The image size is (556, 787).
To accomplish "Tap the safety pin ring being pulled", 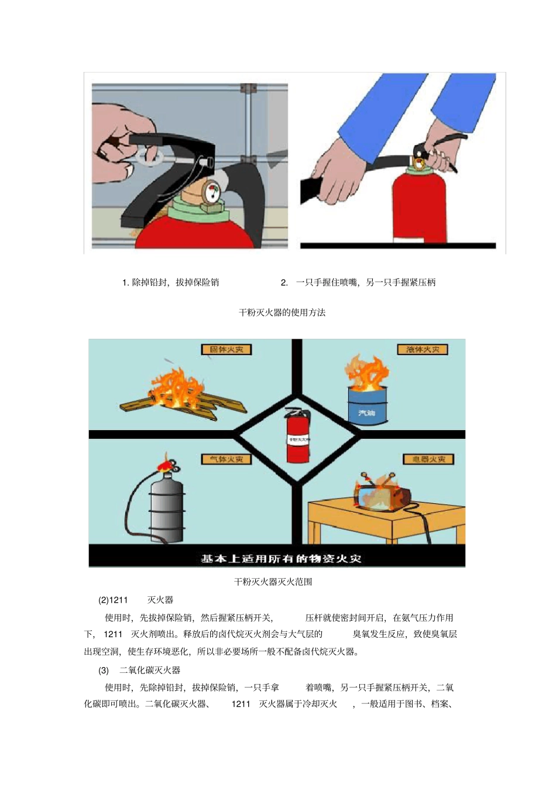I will [x=150, y=156].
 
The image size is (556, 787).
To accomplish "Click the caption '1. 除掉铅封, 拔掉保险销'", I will [x=170, y=283].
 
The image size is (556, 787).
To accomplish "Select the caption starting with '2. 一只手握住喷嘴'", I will [x=358, y=283].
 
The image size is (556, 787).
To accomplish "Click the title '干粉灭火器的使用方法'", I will [x=282, y=312].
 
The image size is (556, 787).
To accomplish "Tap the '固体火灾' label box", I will [x=226, y=350].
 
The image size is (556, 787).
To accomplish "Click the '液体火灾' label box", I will [x=423, y=350].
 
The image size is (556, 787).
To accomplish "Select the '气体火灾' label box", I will [x=226, y=459].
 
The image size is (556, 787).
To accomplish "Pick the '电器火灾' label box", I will [x=428, y=459].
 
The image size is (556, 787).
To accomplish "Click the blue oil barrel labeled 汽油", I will [x=367, y=404].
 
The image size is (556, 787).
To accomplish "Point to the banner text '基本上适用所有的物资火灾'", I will [x=281, y=559].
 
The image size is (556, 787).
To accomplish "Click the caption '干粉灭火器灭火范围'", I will [x=273, y=582].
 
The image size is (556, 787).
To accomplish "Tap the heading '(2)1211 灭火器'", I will [x=136, y=600].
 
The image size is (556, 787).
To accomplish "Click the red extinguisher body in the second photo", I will [x=419, y=208].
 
